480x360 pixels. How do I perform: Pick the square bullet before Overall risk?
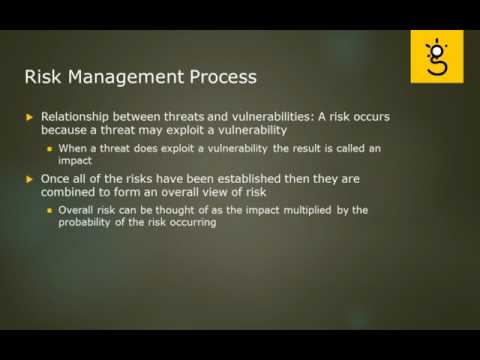(50, 211)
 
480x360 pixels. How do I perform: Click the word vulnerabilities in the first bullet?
(263, 116)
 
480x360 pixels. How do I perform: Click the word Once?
(57, 178)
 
